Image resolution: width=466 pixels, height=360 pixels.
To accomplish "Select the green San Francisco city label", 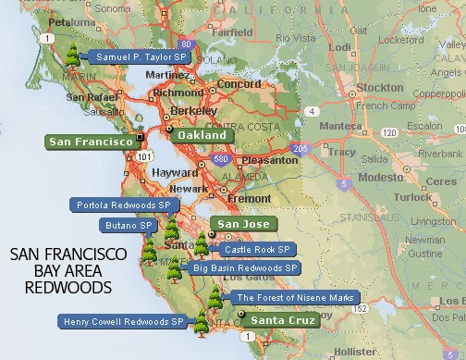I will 90,142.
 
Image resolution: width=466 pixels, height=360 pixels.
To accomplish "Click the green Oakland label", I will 202,135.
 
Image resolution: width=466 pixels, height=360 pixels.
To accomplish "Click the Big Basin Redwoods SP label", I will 245,267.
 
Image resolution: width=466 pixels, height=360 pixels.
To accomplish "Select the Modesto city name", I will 378,175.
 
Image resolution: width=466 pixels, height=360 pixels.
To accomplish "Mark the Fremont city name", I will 248,198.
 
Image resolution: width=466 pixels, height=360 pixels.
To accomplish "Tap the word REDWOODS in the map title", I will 70,288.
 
